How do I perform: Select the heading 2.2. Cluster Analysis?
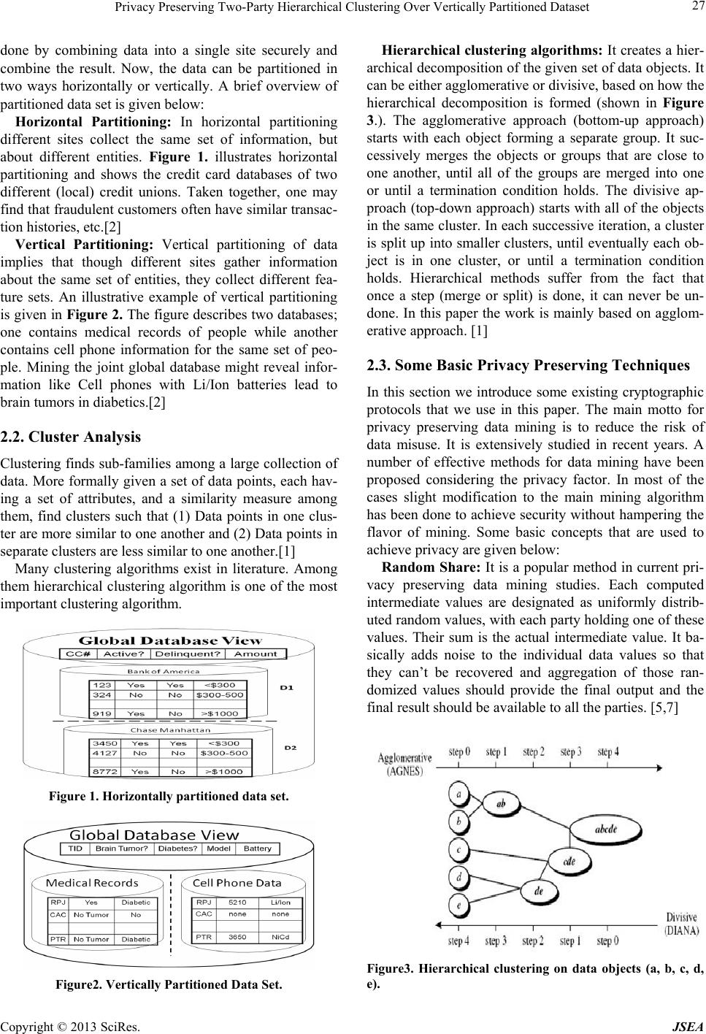pyautogui.click(x=71, y=437)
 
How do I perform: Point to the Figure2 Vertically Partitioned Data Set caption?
pyautogui.click(x=169, y=984)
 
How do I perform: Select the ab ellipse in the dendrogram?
pyautogui.click(x=502, y=803)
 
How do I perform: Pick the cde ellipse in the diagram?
pyautogui.click(x=569, y=860)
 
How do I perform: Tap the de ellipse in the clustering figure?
pyautogui.click(x=538, y=891)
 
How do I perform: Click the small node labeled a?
pyautogui.click(x=458, y=792)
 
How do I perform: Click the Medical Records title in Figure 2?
pyautogui.click(x=92, y=883)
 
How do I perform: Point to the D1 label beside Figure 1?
pyautogui.click(x=286, y=688)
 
